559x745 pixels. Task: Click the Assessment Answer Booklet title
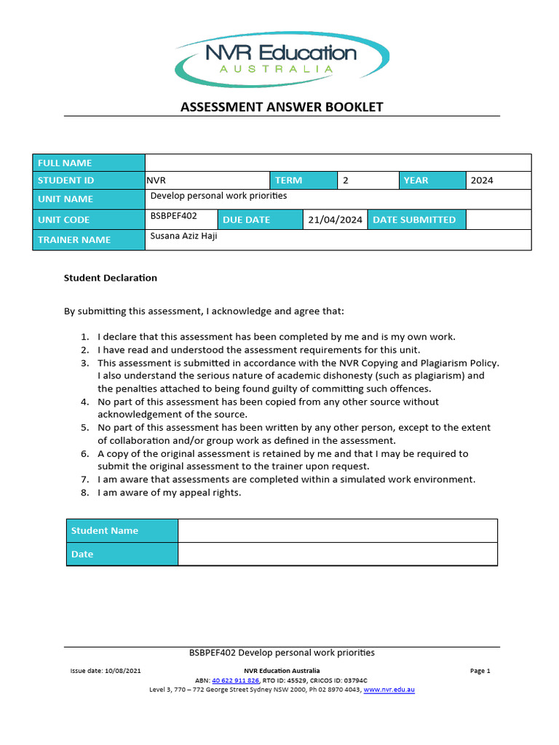tap(282, 108)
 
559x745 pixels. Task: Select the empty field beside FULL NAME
tap(338, 162)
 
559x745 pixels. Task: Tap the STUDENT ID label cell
tap(89, 180)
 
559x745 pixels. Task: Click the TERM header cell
tap(304, 180)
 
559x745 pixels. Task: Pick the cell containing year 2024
tap(499, 180)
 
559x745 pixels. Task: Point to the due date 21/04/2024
tap(335, 220)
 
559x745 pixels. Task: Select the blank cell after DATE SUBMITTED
tap(498, 220)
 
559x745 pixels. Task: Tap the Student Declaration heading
tap(111, 278)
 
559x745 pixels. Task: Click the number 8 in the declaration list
tap(84, 493)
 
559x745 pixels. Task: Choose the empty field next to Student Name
tap(337, 530)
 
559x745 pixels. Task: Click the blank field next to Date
tap(337, 554)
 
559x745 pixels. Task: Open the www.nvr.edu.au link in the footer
tap(389, 690)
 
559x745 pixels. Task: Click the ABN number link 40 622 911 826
tap(235, 680)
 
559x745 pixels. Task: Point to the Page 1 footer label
tap(480, 671)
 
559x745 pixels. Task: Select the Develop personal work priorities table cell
tap(338, 199)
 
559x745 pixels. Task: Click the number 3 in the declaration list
tap(84, 363)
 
